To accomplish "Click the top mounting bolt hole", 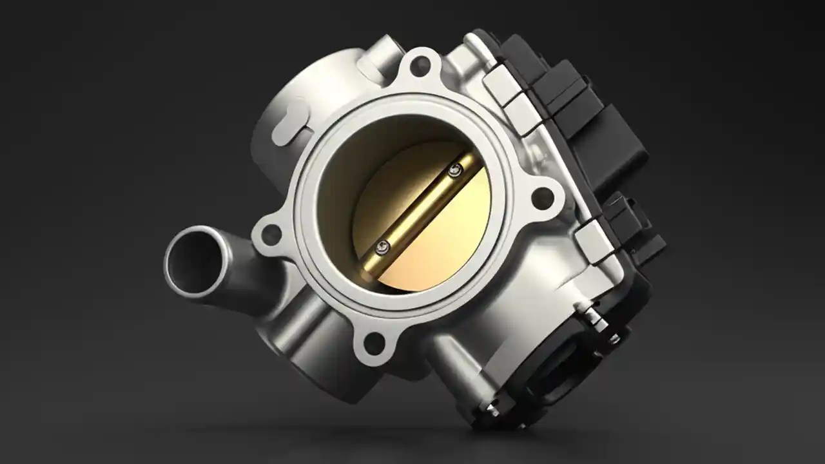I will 420,64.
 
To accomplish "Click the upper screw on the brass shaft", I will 456,170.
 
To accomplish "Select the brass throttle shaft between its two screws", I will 419,208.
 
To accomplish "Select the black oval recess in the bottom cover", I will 554,374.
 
